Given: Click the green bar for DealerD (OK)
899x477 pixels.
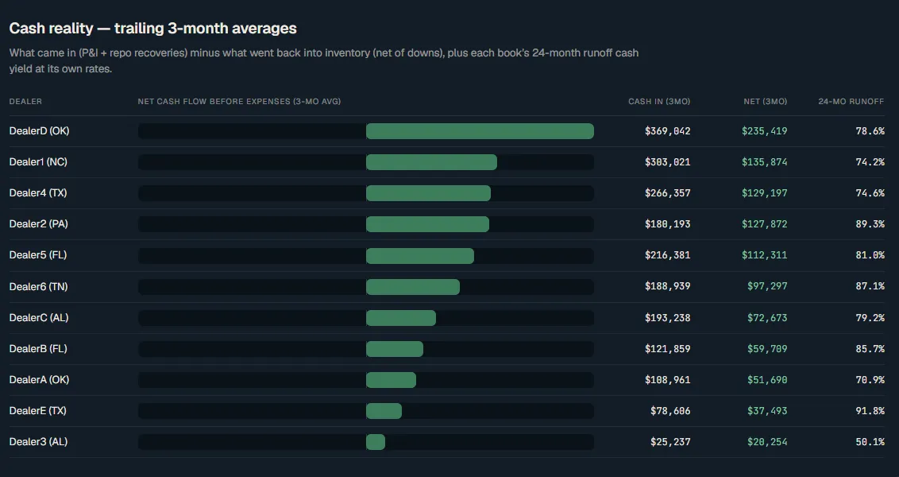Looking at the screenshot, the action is pos(480,131).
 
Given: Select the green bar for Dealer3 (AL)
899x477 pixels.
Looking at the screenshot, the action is pos(376,442).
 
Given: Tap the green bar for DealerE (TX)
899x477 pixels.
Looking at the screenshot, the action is pos(384,411).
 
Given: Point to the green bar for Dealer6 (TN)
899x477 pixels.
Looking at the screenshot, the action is pos(413,286).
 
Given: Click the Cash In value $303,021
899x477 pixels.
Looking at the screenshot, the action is pos(667,162).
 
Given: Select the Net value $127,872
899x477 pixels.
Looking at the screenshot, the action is pos(764,224).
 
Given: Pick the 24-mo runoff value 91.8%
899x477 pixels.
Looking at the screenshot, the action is pos(870,411).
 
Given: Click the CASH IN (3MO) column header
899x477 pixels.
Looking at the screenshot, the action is pos(659,102).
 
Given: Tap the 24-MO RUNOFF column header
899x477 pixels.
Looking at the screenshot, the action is pos(851,102).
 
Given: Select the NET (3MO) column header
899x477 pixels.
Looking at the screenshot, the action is pos(766,102).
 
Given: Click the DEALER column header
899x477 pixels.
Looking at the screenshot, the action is pos(25,102).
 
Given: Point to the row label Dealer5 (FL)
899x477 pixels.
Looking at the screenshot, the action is pos(38,255).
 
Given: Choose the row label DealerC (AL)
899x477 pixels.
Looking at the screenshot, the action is pos(38,317).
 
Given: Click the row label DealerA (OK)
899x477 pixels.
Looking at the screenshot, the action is pos(39,379).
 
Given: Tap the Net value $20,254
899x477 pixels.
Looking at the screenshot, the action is pos(767,442).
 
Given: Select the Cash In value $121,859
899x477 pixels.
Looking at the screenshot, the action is pos(667,348).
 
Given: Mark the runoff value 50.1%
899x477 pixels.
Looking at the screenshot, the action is pos(870,442).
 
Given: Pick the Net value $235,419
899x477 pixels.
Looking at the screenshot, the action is pos(764,131).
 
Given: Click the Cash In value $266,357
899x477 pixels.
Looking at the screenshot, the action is pos(667,193).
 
